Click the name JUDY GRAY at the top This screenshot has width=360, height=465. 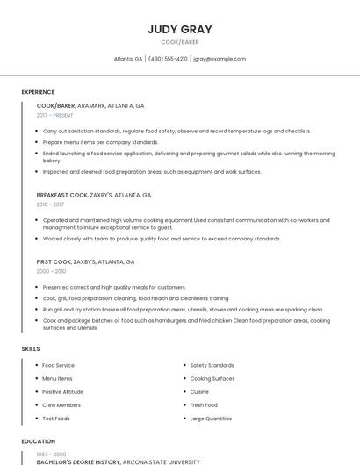[x=180, y=29]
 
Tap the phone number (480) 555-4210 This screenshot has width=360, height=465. [x=168, y=59]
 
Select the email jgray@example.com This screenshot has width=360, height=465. [x=220, y=59]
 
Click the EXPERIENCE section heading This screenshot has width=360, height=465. [x=38, y=92]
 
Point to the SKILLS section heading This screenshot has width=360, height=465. [x=31, y=349]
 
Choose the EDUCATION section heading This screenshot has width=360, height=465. [x=38, y=441]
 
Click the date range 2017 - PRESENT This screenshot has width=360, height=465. [x=55, y=115]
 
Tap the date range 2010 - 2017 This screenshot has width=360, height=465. [x=50, y=204]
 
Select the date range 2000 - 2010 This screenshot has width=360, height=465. [x=51, y=271]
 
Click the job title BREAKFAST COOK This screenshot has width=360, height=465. [x=62, y=195]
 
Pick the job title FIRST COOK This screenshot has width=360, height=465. [x=54, y=261]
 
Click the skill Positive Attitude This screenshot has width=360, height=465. [x=63, y=391]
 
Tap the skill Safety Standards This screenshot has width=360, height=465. [x=212, y=365]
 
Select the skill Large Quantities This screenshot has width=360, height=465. [x=211, y=418]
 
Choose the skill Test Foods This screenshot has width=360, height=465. [x=56, y=418]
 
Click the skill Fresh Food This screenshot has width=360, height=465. [x=204, y=405]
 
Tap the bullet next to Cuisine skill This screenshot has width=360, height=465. [x=184, y=392]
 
